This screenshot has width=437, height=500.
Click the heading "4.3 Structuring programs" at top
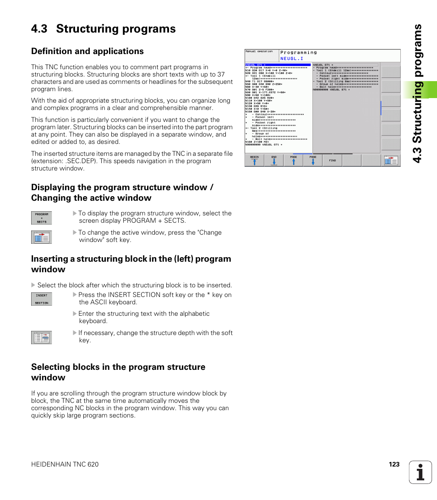pyautogui.click(x=104, y=29)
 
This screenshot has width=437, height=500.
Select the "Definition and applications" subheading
pyautogui.click(x=87, y=51)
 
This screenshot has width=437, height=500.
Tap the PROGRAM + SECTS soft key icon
pyautogui.click(x=42, y=218)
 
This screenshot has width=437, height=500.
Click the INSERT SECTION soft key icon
pyautogui.click(x=42, y=299)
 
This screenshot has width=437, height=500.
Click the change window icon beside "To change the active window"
pyautogui.click(x=42, y=237)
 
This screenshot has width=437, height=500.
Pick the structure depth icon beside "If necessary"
pyautogui.click(x=42, y=337)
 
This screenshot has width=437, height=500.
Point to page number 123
pyautogui.click(x=394, y=464)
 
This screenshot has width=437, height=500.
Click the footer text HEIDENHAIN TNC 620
pyautogui.click(x=65, y=464)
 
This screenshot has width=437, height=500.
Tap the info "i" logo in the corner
pyautogui.click(x=421, y=472)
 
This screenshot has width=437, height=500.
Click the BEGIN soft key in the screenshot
pyautogui.click(x=254, y=160)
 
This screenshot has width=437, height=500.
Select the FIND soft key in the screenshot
pyautogui.click(x=332, y=160)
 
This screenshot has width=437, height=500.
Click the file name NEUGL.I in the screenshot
pyautogui.click(x=292, y=59)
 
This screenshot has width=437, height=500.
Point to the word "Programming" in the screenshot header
pyautogui.click(x=298, y=53)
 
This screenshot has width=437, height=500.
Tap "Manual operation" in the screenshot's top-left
pyautogui.click(x=259, y=51)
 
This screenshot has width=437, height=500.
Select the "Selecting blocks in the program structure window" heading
pyautogui.click(x=118, y=372)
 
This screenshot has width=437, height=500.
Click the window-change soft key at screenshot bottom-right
pyautogui.click(x=391, y=160)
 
